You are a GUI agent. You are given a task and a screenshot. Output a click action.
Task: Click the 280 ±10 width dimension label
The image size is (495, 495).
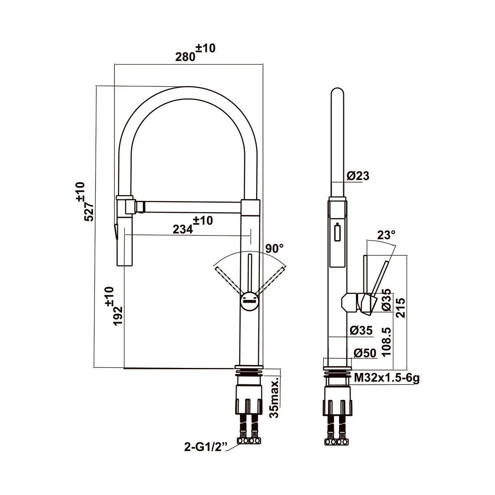[195, 53]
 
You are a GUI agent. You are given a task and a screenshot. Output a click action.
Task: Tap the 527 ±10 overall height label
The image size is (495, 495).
[85, 202]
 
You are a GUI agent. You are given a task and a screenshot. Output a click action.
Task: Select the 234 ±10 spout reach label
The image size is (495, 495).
[193, 225]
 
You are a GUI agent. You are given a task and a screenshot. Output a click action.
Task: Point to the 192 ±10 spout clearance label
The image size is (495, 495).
[114, 306]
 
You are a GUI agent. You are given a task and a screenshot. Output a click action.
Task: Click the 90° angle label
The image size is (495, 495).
[275, 248]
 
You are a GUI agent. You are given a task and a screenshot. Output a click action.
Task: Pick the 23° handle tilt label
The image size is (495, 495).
[386, 235]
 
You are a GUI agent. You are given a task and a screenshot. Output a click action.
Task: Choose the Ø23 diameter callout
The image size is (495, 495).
[358, 176]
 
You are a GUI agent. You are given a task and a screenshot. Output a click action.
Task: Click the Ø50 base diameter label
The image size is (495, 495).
[365, 353]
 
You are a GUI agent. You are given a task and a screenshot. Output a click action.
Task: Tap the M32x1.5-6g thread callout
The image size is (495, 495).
[387, 378]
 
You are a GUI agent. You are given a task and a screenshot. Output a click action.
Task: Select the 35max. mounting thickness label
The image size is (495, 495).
[275, 398]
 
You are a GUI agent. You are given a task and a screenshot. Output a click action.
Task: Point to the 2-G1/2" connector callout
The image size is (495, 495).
[206, 454]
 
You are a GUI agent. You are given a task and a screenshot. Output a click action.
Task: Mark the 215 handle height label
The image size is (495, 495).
[401, 308]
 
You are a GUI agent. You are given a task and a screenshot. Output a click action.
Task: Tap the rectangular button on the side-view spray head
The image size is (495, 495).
[337, 232]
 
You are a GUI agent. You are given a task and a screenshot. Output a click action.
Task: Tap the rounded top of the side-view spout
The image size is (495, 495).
[337, 92]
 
